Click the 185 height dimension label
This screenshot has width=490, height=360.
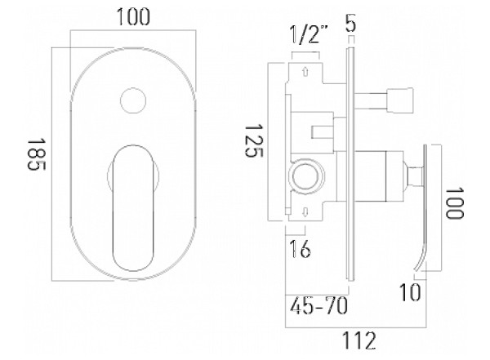pos(36,154)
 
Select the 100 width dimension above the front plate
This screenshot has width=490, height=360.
pos(133,17)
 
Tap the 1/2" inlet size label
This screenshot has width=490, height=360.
pos(309,34)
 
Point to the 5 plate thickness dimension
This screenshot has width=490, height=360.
pos(350,23)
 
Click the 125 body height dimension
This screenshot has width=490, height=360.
pos(254,141)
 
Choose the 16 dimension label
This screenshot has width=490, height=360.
pos(300,249)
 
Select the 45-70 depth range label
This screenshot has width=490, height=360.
pos(318,305)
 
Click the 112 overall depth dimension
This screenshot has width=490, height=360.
pos(359,340)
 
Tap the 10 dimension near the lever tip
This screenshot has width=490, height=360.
pos(410,292)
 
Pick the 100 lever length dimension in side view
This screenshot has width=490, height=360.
pos(455,203)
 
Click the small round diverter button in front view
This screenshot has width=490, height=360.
pos(133,100)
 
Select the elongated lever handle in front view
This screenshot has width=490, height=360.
pos(133,208)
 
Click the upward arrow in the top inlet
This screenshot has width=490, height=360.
pos(305,72)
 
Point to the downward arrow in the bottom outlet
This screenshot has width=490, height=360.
pos(305,212)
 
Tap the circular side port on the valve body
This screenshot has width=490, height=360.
pos(306,176)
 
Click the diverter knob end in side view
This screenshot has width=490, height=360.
pos(400,100)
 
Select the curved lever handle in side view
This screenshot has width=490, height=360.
pos(421,207)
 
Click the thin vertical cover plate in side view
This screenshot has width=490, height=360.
pos(350,164)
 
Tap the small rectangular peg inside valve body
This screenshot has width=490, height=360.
pos(323,132)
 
